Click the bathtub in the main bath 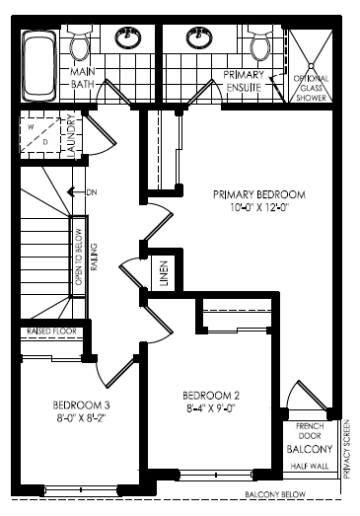pos(39,66)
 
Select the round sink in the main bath pos(128,37)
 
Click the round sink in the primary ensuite pos(199,37)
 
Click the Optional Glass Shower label pos(311,88)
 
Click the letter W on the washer pos(31,127)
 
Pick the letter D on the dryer pos(45,142)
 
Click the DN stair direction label pos(92,192)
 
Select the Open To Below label pos(79,257)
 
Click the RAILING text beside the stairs pos(94,257)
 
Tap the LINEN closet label pos(164,273)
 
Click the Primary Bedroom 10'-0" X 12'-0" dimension pos(259,208)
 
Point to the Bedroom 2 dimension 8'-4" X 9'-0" pos(211,408)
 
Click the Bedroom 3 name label pos(81,405)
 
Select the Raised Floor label pos(51,332)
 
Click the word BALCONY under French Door pos(310,449)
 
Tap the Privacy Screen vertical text pos(346,450)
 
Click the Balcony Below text pos(275,494)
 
